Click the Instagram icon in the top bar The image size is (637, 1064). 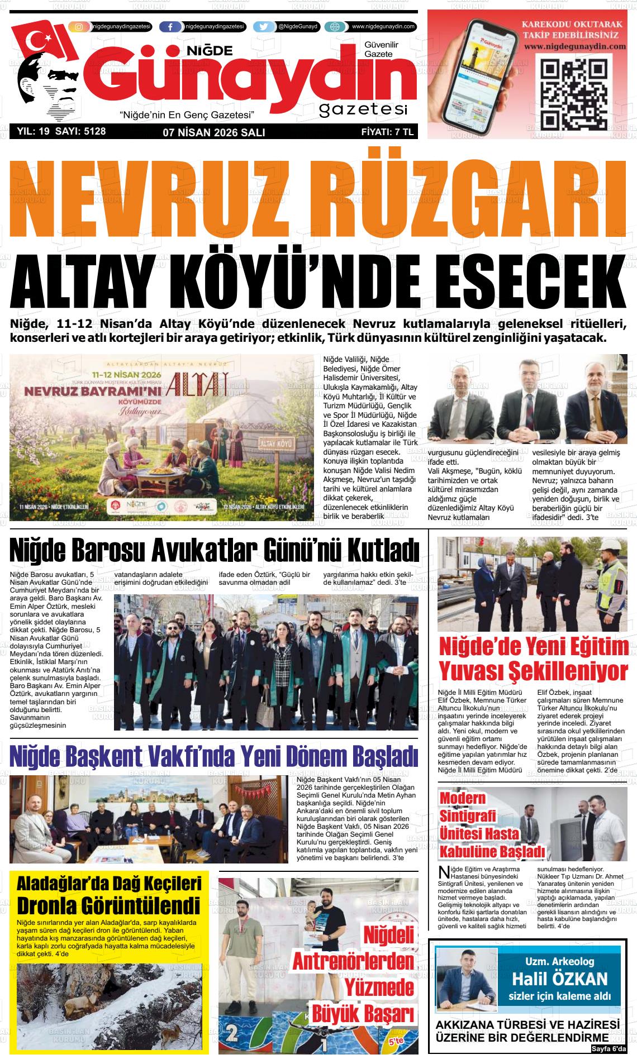pyautogui.click(x=79, y=27)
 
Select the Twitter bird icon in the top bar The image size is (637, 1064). pyautogui.click(x=264, y=27)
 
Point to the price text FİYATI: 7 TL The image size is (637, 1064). pyautogui.click(x=387, y=132)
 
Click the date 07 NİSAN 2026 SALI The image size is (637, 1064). pyautogui.click(x=213, y=132)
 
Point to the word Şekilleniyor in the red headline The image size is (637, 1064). pyautogui.click(x=563, y=670)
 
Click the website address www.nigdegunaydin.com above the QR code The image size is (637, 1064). pyautogui.click(x=575, y=47)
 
